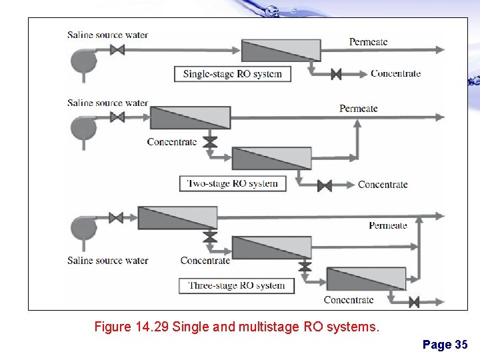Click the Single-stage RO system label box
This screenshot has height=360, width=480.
pos(233,74)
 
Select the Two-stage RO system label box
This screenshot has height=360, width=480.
pos(233,183)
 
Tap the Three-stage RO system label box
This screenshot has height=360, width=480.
pos(236,286)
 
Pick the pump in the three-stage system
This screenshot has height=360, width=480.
pos(84,227)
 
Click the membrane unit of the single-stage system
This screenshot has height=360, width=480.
pos(281,51)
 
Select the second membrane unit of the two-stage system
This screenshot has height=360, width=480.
pos(271,159)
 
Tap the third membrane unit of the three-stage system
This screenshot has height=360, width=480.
pos(366,279)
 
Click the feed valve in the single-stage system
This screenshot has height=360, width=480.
pos(118,50)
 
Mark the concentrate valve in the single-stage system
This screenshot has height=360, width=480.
pos(336,74)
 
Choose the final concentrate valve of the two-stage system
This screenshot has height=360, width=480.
pos(325,185)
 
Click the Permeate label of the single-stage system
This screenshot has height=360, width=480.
pos(368,42)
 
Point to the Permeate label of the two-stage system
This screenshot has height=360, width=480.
pos(358,108)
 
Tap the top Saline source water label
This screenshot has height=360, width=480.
pos(107,35)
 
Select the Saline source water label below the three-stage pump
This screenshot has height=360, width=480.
pos(107,261)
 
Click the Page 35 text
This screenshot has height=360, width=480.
pos(445,345)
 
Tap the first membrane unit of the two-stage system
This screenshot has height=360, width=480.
pos(190,117)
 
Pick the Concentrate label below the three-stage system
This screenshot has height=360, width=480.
pos(348,300)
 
